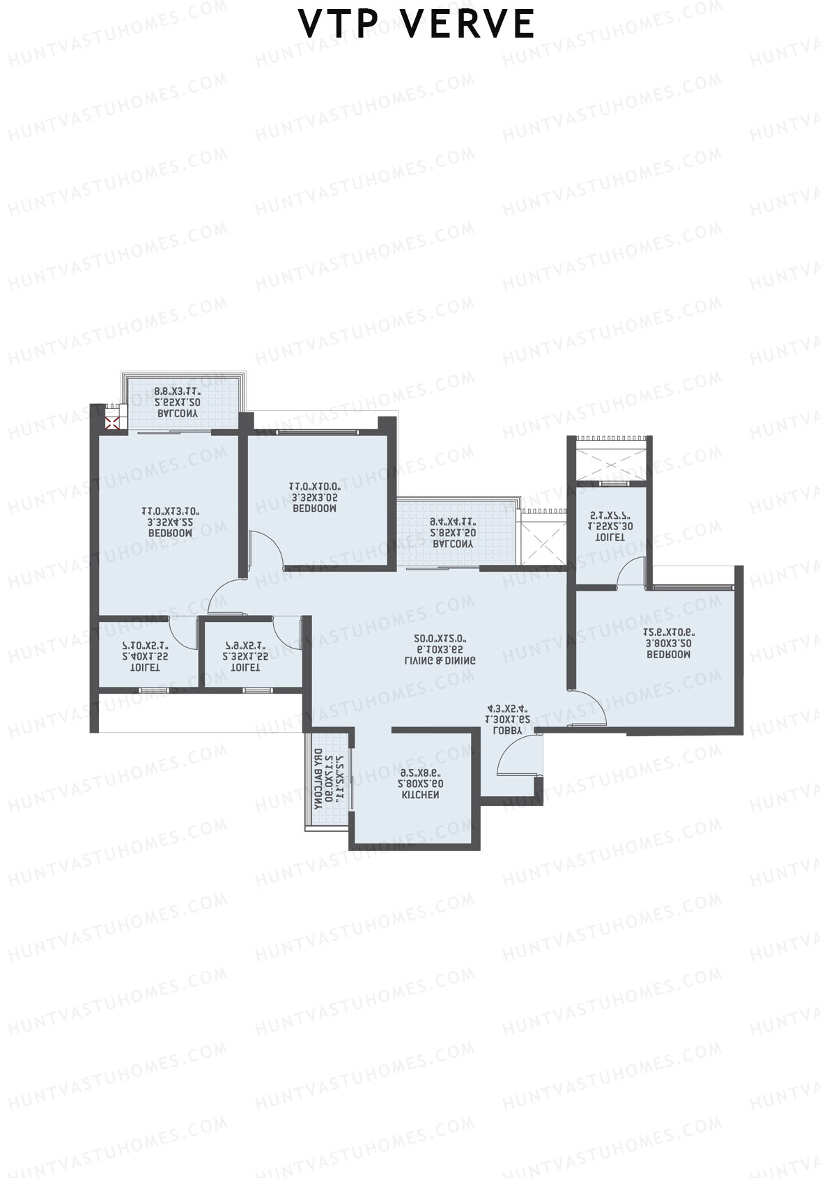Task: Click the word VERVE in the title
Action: click(467, 24)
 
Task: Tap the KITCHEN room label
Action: click(420, 795)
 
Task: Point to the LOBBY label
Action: click(507, 731)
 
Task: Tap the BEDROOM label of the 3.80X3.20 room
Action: click(669, 655)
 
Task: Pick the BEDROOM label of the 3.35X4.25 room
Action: click(170, 533)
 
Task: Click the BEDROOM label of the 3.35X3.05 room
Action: click(314, 509)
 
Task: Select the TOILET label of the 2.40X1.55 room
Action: click(145, 667)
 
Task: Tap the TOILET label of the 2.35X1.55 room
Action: click(245, 667)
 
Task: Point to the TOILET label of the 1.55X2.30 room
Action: click(610, 538)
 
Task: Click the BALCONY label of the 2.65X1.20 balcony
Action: click(178, 414)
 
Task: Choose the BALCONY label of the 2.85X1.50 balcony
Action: click(453, 543)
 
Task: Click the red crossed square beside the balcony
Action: click(111, 423)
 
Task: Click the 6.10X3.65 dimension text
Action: click(440, 649)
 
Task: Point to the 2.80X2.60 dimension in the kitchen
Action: click(420, 784)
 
